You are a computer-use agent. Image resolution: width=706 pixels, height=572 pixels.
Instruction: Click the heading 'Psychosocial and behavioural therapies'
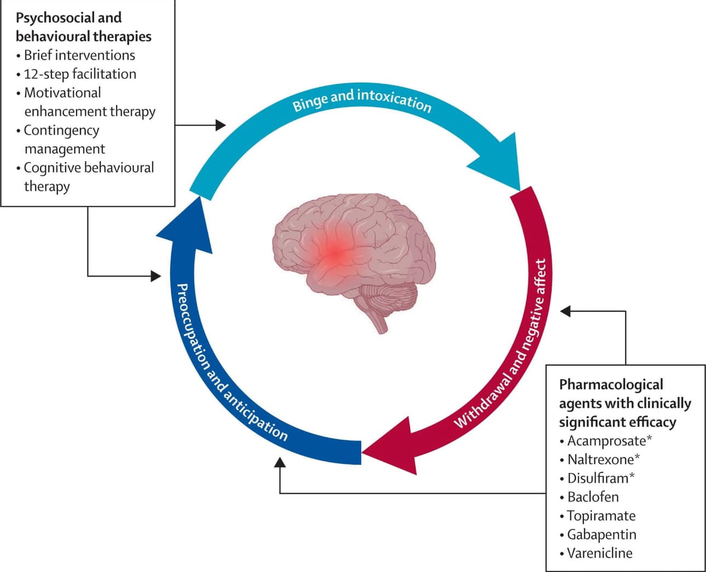83,27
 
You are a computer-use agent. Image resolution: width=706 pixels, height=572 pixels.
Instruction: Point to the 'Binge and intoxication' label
362,100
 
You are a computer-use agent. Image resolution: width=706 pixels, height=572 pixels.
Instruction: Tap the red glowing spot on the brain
335,253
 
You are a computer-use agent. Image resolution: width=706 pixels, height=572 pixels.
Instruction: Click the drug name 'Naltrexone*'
604,459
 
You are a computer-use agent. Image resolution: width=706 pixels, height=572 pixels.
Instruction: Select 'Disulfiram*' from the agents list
601,478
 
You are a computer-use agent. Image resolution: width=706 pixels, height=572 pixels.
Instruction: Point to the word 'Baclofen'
593,497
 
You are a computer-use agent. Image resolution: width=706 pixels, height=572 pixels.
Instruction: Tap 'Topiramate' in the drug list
601,516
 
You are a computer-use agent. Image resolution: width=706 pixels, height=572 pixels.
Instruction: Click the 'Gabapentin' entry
601,534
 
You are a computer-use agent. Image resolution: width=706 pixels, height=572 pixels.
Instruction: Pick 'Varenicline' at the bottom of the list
599,553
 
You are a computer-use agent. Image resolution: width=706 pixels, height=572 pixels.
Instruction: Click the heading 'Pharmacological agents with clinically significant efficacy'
624,403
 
